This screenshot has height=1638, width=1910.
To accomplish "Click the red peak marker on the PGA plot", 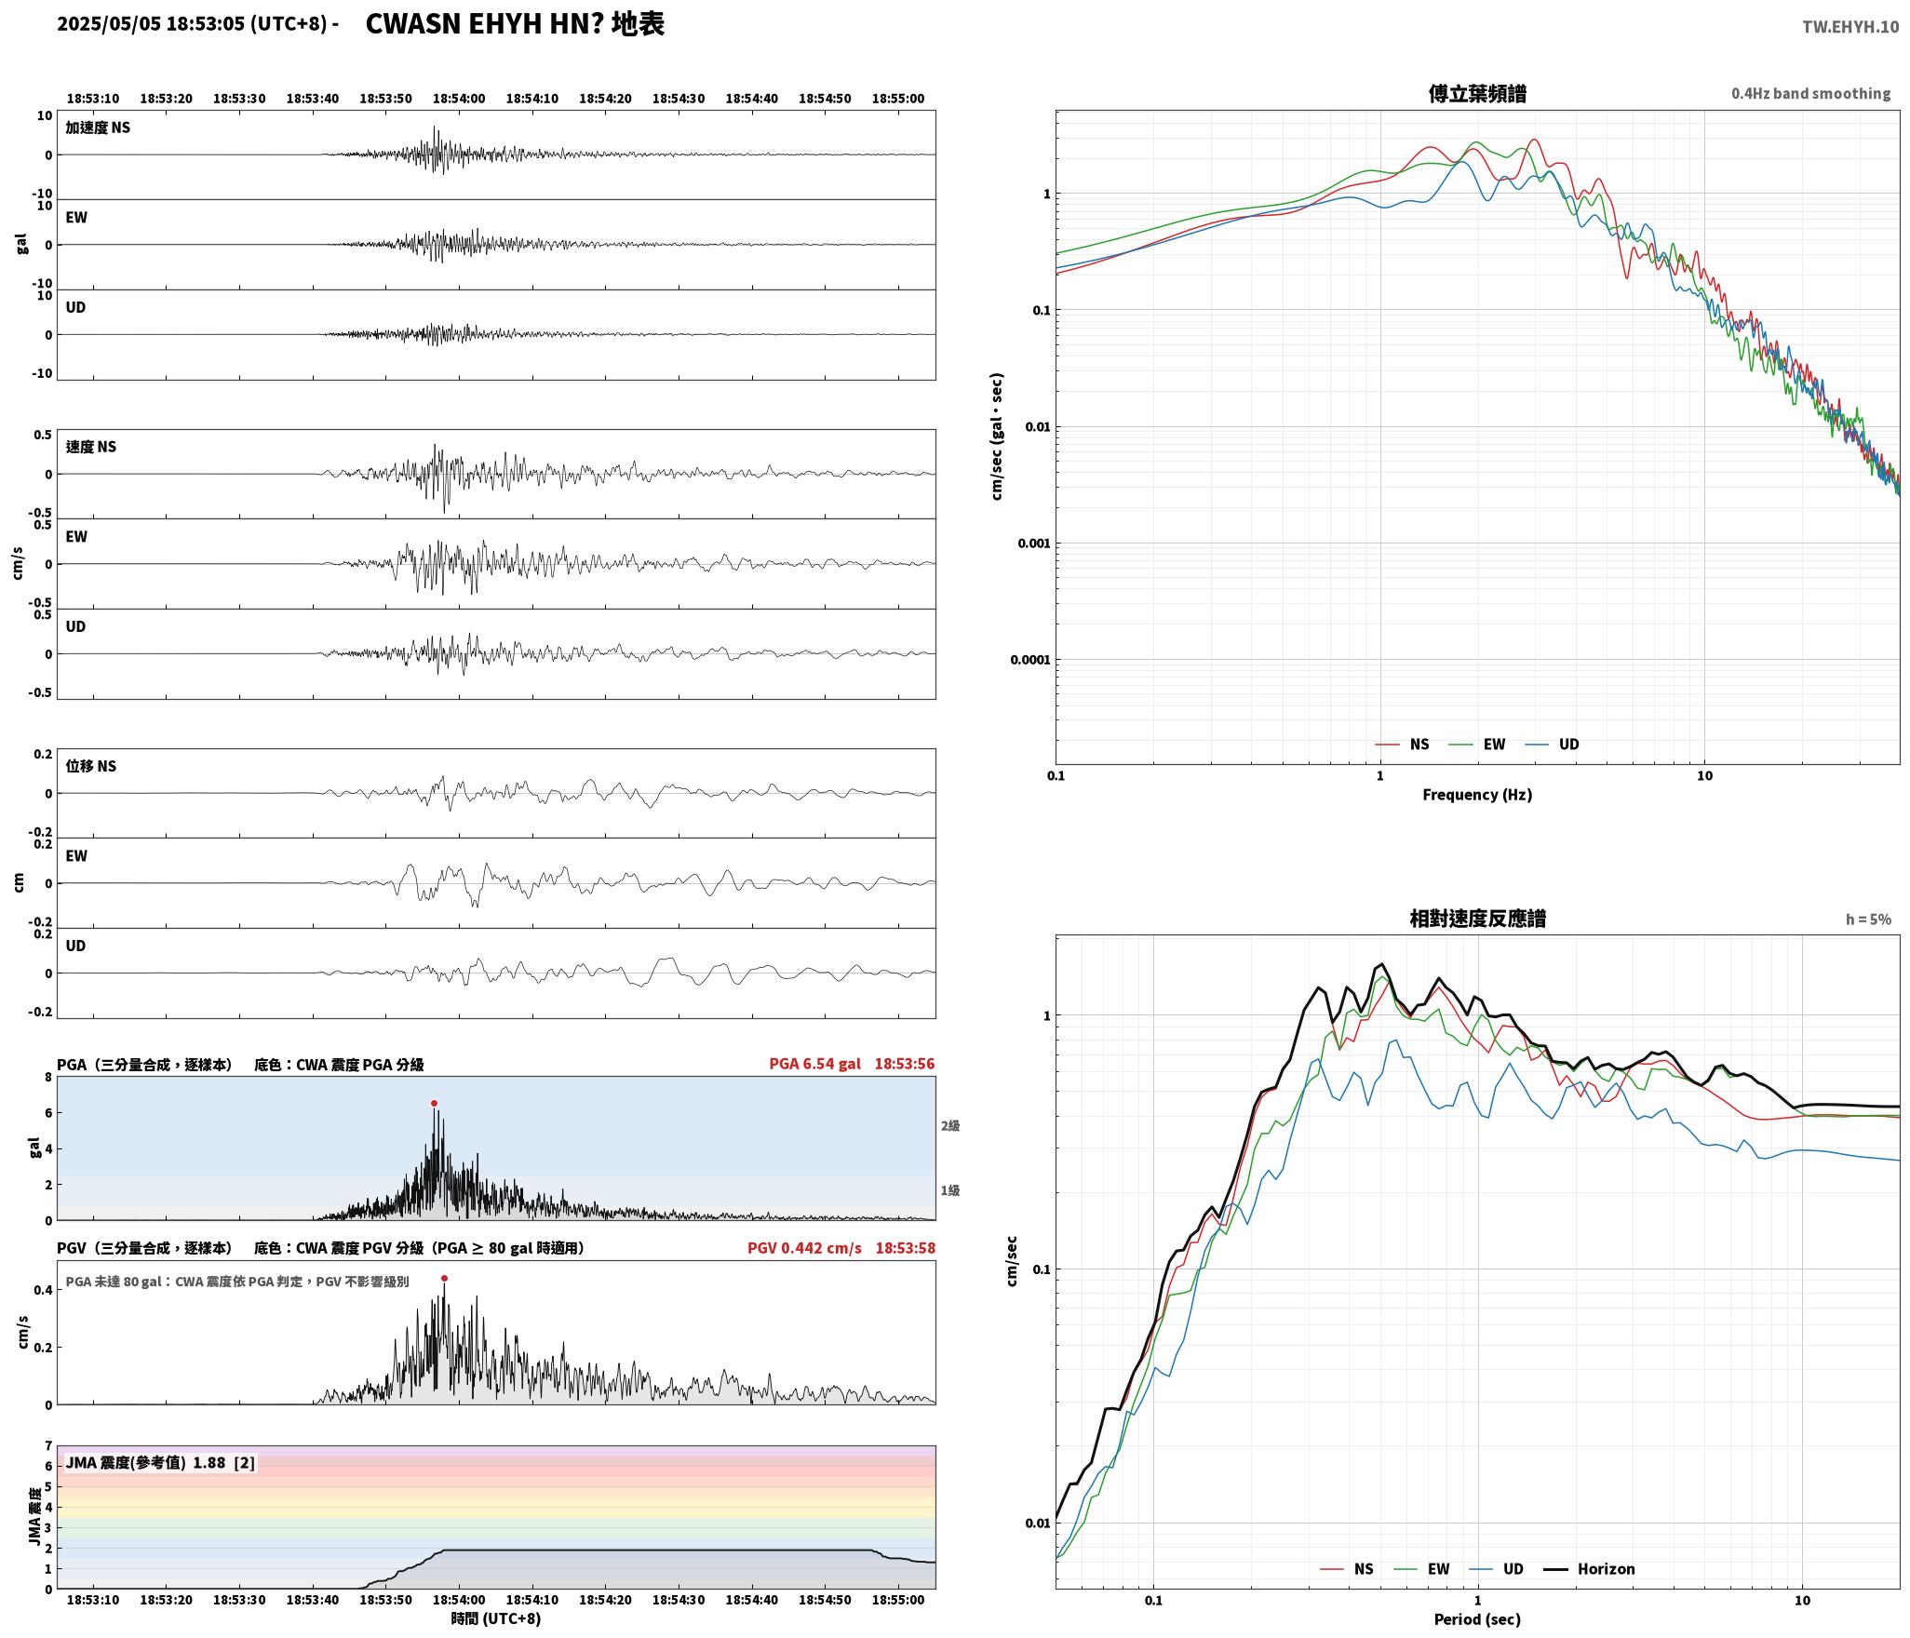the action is tap(434, 1103).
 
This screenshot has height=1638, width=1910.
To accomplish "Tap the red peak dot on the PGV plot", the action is tap(444, 1278).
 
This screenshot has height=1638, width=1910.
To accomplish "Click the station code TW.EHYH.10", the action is tap(1850, 26).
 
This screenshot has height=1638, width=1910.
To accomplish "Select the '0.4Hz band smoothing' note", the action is tap(1810, 93).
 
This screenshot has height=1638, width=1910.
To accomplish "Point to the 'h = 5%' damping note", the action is tap(1868, 920).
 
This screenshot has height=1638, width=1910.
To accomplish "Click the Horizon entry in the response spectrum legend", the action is tap(1590, 1568).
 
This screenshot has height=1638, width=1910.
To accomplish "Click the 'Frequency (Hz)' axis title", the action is tap(1477, 794).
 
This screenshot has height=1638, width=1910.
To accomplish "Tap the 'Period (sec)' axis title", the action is tap(1477, 1618).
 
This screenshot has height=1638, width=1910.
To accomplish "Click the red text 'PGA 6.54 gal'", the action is tap(814, 1063).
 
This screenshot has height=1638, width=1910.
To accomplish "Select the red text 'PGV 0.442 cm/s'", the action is tap(804, 1247).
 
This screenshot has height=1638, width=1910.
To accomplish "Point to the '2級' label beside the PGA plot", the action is tap(949, 1125).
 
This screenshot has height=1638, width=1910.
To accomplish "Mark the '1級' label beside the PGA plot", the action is tap(949, 1190).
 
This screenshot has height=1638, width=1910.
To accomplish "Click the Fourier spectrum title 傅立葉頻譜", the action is tap(1477, 93).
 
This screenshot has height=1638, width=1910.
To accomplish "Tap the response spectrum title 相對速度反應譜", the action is tap(1477, 919).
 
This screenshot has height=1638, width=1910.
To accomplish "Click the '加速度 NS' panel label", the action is tap(98, 128).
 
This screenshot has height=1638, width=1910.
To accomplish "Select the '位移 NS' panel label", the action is tap(91, 766).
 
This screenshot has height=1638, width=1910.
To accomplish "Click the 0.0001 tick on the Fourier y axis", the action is tap(1029, 660).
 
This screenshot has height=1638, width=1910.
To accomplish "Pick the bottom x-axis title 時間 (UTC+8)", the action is tap(496, 1618).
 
